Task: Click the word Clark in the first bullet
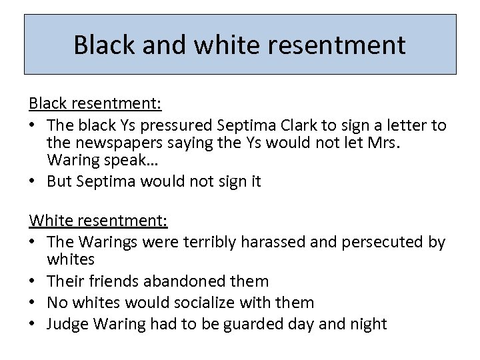(x=316, y=125)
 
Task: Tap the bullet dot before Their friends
(x=34, y=281)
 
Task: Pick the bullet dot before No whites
(x=34, y=302)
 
